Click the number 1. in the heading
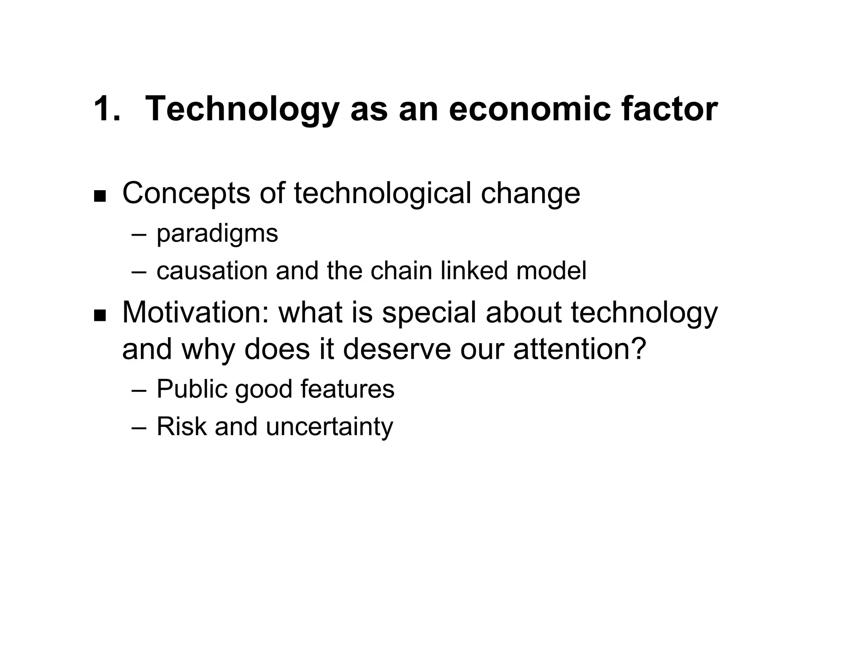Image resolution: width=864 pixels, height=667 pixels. click(107, 109)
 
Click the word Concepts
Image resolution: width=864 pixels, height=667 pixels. click(186, 194)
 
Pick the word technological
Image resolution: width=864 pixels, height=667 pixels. click(382, 194)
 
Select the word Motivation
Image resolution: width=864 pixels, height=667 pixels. click(196, 313)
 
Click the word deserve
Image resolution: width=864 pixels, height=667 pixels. click(397, 350)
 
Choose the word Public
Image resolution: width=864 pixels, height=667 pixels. click(192, 389)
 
